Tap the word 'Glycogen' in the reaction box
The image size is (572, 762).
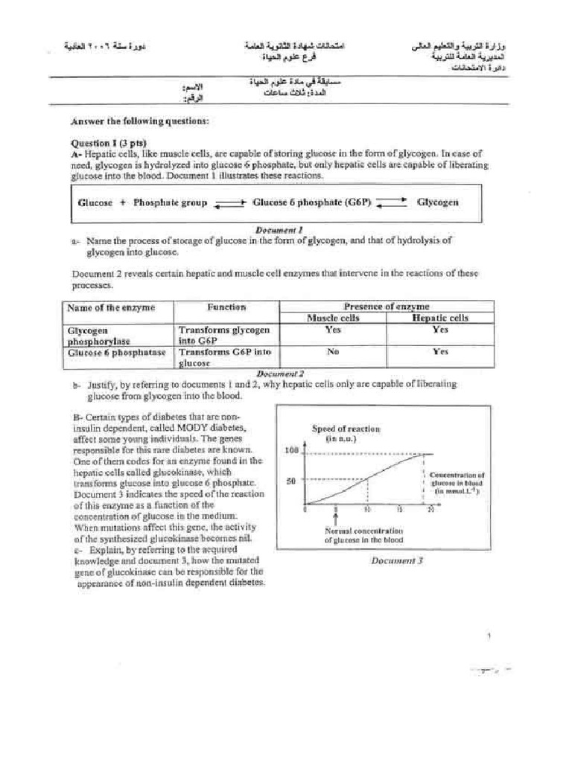pos(437,202)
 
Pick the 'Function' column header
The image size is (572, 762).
pos(226,307)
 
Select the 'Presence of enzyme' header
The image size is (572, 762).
pos(386,306)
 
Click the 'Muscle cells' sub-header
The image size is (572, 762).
pos(333,318)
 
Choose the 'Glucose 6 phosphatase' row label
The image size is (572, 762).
pos(116,353)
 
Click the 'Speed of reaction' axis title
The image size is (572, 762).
pos(346,429)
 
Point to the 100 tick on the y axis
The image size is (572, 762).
pos(290,451)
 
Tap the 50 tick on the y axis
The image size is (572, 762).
pos(292,481)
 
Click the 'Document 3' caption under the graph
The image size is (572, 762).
pos(397,561)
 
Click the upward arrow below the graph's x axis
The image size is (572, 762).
pos(337,519)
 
